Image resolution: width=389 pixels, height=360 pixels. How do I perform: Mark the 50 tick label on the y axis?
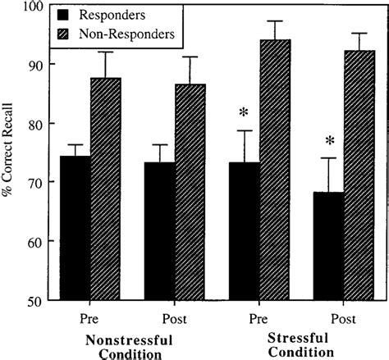point(35,300)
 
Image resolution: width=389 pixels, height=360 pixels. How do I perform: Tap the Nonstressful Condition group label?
point(132,344)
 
